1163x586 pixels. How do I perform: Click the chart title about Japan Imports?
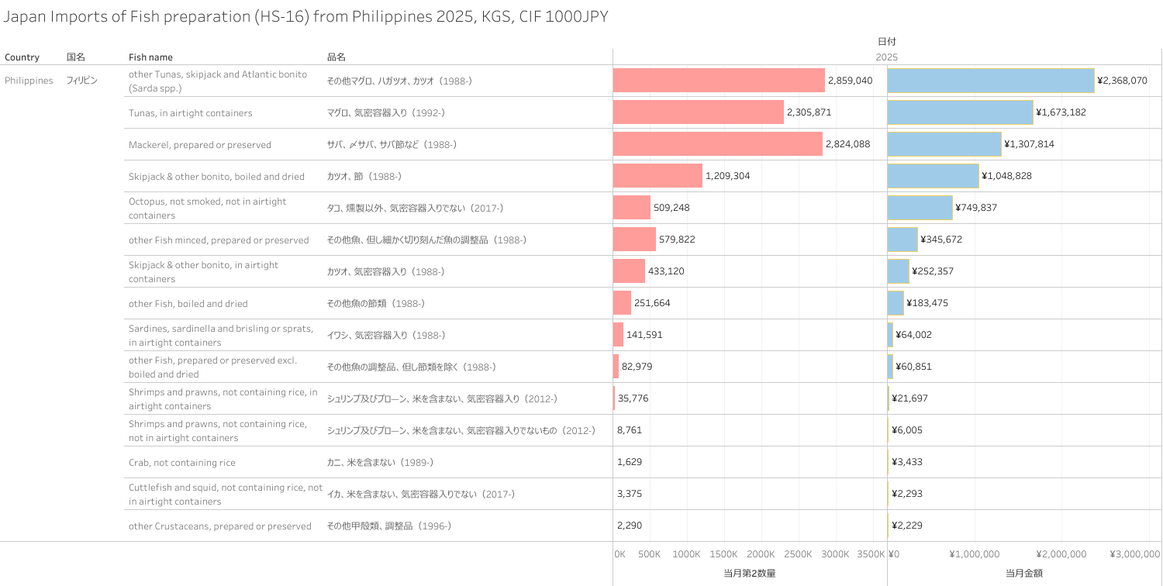(x=306, y=17)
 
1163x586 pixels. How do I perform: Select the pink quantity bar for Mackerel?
(x=717, y=144)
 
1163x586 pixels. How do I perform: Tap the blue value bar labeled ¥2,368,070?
(x=990, y=81)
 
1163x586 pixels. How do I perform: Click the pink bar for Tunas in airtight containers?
(x=698, y=112)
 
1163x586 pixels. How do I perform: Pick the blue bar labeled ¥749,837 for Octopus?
(x=920, y=208)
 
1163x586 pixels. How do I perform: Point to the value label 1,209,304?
(x=727, y=176)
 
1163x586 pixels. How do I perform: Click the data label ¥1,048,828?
(x=1006, y=176)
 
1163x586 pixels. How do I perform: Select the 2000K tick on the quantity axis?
(x=761, y=554)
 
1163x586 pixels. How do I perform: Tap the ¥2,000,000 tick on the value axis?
(x=1061, y=554)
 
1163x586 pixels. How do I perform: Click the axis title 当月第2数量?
(x=749, y=574)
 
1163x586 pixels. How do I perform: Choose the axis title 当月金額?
(x=1023, y=574)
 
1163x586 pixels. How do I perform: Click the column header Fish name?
(x=150, y=57)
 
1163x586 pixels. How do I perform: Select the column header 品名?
(x=336, y=57)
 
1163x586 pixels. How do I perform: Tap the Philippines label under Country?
(x=29, y=81)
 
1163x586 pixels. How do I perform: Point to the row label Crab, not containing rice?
(x=182, y=463)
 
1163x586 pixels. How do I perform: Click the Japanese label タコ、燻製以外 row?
(x=415, y=208)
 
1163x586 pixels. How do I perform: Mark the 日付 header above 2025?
(x=886, y=42)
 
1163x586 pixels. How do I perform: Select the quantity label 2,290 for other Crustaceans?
(x=630, y=526)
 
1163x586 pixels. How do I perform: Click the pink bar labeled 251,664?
(x=622, y=303)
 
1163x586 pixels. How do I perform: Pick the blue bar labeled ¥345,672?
(x=902, y=240)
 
